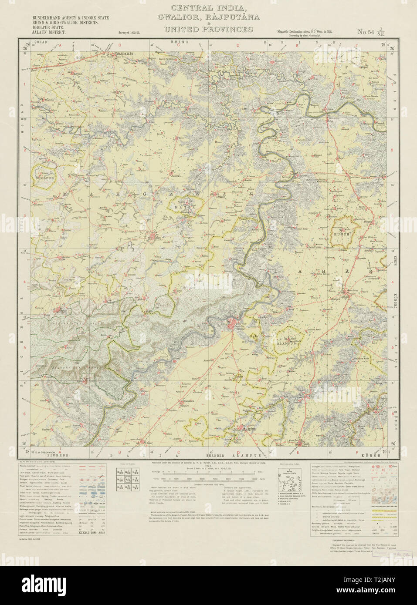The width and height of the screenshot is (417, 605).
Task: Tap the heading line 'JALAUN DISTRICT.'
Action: point(47,32)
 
